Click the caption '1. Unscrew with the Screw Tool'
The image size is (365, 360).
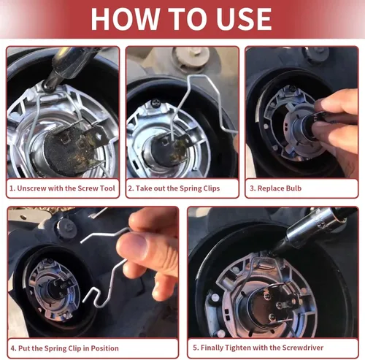pos(62,188)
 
